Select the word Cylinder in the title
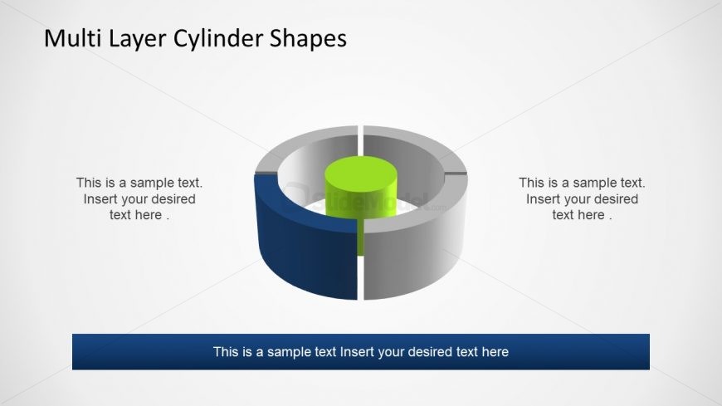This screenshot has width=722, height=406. tap(219, 40)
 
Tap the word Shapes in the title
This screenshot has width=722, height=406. tap(308, 40)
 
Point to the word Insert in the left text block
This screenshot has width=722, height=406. tap(100, 199)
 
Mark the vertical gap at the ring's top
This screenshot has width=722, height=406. tap(360, 131)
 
